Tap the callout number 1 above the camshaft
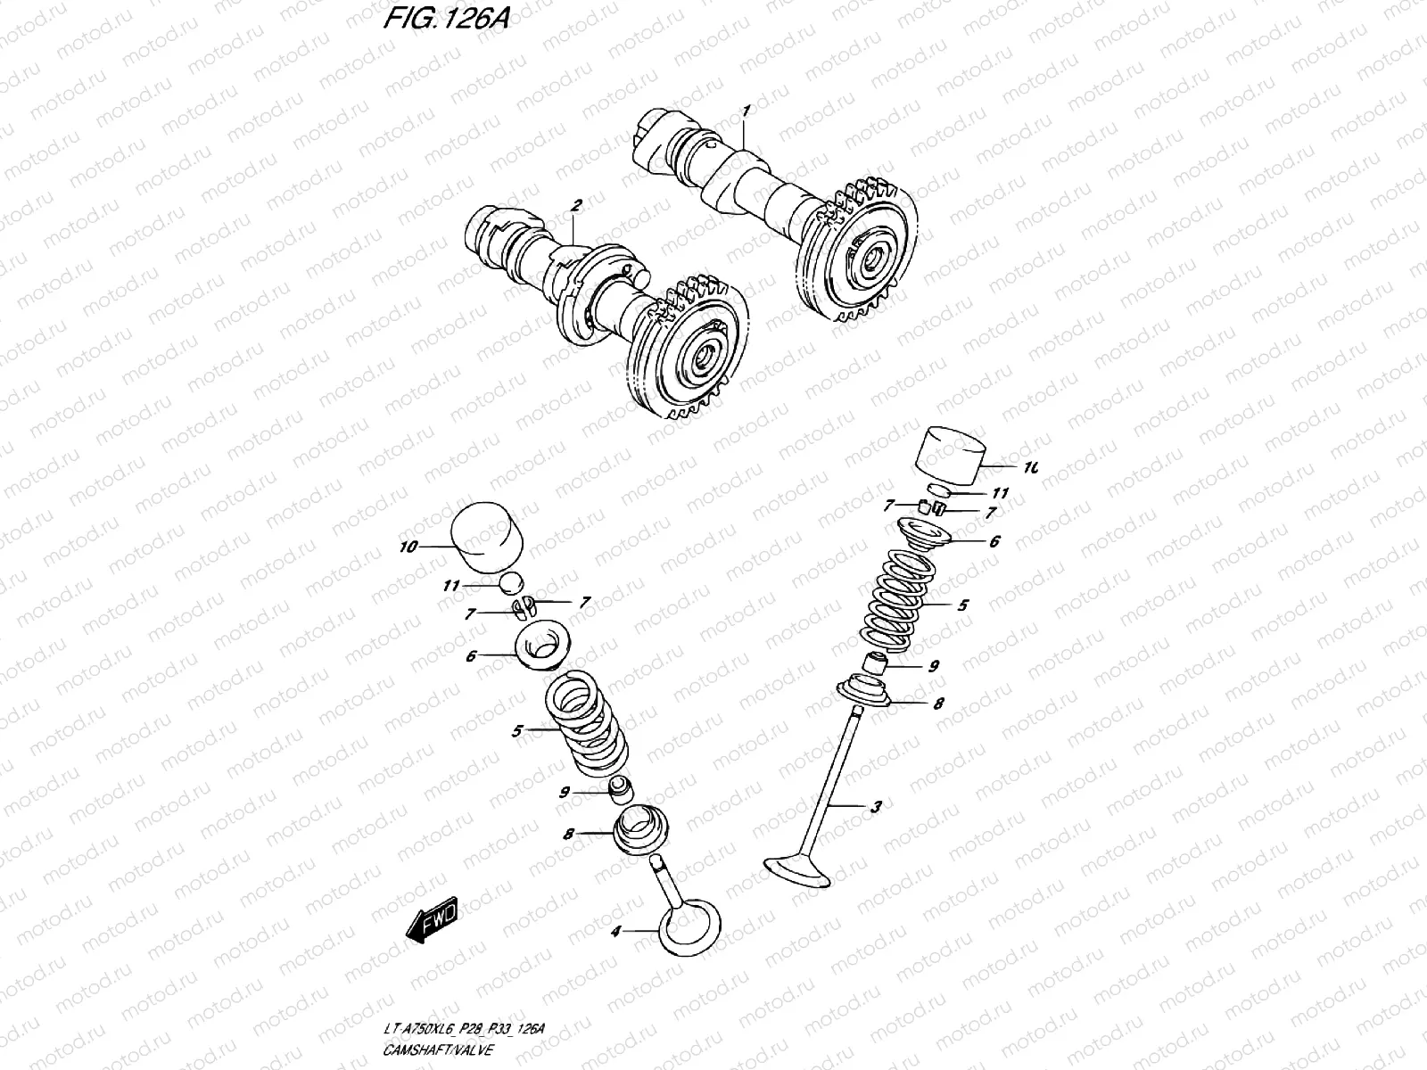click(746, 111)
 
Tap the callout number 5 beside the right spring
click(962, 605)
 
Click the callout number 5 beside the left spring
click(516, 731)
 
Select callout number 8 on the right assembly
click(938, 704)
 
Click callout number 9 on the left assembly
click(565, 792)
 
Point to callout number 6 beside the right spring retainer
click(969, 541)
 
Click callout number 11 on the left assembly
click(452, 586)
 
